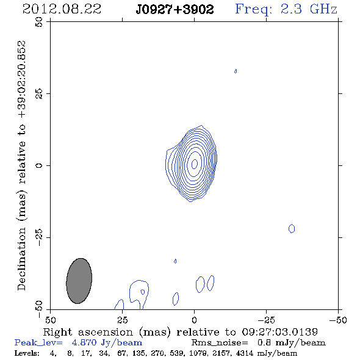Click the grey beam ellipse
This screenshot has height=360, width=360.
pos(79,281)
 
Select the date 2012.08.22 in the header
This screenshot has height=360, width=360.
pos(62,9)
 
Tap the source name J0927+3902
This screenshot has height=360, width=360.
pos(175,9)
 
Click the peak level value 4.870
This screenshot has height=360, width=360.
pos(84,342)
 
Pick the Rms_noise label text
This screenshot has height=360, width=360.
pos(220,343)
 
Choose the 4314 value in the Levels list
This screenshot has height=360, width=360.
pos(245,353)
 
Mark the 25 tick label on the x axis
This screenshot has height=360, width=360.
pos(123,320)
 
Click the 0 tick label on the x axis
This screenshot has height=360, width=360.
pos(194,320)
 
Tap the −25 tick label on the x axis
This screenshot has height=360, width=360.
pos(266,320)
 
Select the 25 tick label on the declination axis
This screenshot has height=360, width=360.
pos(39,94)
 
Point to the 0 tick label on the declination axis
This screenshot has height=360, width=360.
pos(39,165)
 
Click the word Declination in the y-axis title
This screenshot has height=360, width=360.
pos(21,259)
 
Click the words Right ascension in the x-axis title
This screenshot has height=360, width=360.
pos(88,332)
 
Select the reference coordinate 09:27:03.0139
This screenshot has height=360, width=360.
pos(280,332)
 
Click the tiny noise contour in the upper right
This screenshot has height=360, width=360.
pos(236,71)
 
